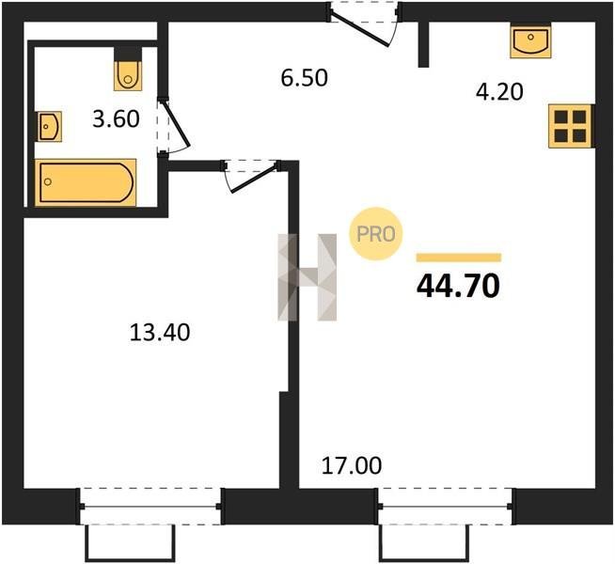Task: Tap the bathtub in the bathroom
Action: click(x=86, y=182)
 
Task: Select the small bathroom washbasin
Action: click(x=50, y=126)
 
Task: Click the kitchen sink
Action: click(x=530, y=40)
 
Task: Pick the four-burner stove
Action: click(x=570, y=126)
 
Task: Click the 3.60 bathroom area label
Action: click(x=116, y=119)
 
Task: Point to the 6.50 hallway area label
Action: click(x=305, y=78)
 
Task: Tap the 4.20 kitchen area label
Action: click(x=499, y=92)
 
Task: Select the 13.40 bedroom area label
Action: click(x=160, y=333)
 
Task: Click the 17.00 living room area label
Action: click(x=352, y=466)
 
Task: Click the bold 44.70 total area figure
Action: click(x=458, y=286)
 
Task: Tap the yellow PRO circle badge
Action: click(x=376, y=234)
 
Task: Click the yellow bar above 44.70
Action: click(x=459, y=258)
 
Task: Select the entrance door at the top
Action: click(x=364, y=23)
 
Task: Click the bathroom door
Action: click(x=173, y=125)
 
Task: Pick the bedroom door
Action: click(x=251, y=176)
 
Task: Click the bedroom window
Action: click(x=150, y=507)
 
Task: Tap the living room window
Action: click(x=445, y=507)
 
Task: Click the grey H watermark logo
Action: click(x=307, y=277)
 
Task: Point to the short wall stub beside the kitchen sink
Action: click(x=423, y=44)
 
